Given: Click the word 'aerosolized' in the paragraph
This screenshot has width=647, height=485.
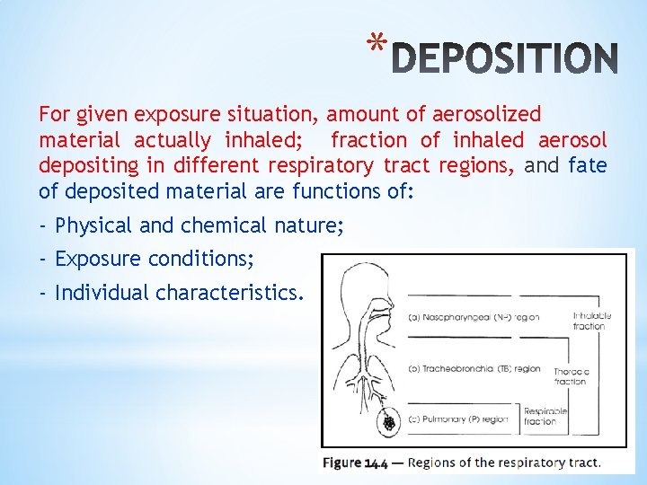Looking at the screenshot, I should pos(486,114).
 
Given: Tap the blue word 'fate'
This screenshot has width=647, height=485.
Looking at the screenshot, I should pos(588,166).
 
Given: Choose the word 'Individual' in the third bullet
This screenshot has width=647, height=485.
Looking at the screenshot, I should pos(102,293).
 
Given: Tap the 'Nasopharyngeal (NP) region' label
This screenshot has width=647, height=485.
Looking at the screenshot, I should pos(474,317).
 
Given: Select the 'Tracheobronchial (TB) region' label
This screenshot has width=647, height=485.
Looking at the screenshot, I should pos(474,368).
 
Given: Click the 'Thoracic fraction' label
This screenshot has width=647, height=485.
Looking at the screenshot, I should pos(572,375).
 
